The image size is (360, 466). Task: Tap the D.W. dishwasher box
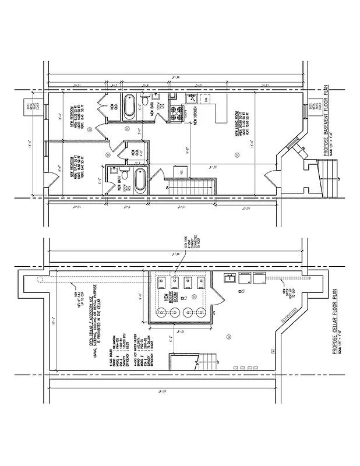click(173, 96)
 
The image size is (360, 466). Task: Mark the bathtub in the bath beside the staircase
click(140, 181)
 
